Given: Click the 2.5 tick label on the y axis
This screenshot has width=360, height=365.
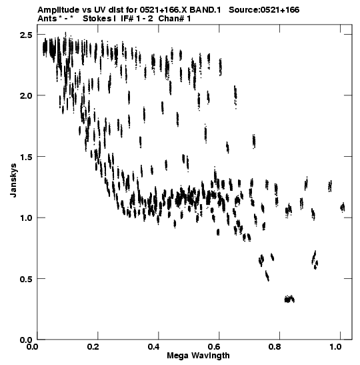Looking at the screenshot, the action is [x=26, y=35].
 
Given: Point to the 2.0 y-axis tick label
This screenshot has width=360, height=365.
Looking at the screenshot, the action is [x=26, y=96].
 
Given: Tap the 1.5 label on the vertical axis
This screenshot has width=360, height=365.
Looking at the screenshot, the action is [x=26, y=157].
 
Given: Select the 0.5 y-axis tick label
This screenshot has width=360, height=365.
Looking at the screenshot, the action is [x=26, y=279].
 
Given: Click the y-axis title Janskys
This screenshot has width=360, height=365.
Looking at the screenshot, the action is [x=13, y=180].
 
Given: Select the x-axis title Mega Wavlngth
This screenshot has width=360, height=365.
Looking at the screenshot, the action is [x=198, y=356].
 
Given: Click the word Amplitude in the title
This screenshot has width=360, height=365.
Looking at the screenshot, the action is [x=58, y=10].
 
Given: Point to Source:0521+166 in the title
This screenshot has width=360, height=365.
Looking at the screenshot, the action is [x=264, y=10].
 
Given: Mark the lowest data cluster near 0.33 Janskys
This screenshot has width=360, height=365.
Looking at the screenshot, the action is [x=289, y=299].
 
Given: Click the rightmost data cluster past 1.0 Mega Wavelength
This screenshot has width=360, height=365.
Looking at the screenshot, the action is [x=342, y=207].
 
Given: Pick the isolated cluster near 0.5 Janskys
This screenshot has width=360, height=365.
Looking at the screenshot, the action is [x=267, y=276].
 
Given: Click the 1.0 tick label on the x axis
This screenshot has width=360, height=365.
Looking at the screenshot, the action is [x=335, y=347].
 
